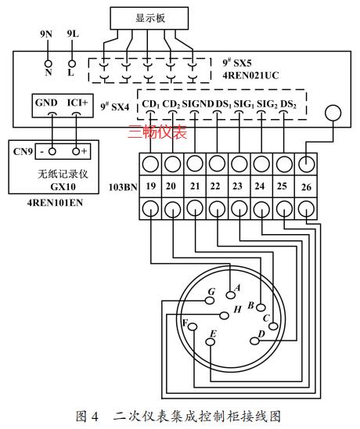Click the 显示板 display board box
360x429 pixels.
[x=149, y=18]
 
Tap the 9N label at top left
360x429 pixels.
[x=46, y=34]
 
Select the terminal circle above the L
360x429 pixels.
[x=72, y=63]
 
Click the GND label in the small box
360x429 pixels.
[x=46, y=103]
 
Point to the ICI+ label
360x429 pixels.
[x=77, y=103]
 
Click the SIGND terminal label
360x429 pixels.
[x=198, y=103]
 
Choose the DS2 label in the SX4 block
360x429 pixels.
[x=288, y=104]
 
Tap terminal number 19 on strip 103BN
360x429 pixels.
[x=151, y=186]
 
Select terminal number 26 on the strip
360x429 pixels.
[x=306, y=187]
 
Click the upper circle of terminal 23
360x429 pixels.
[x=239, y=164]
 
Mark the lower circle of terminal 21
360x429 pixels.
[x=195, y=208]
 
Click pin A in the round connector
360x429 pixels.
[x=231, y=295]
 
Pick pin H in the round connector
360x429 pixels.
[x=225, y=315]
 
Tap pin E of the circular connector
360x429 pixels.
[x=211, y=342]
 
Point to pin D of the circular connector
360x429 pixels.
[x=254, y=341]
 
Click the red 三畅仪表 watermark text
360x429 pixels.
[x=157, y=132]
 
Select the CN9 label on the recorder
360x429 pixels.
[x=23, y=151]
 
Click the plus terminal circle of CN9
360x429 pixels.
[x=76, y=151]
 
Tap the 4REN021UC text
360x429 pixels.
[x=250, y=75]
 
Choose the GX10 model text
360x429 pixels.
[x=63, y=186]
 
